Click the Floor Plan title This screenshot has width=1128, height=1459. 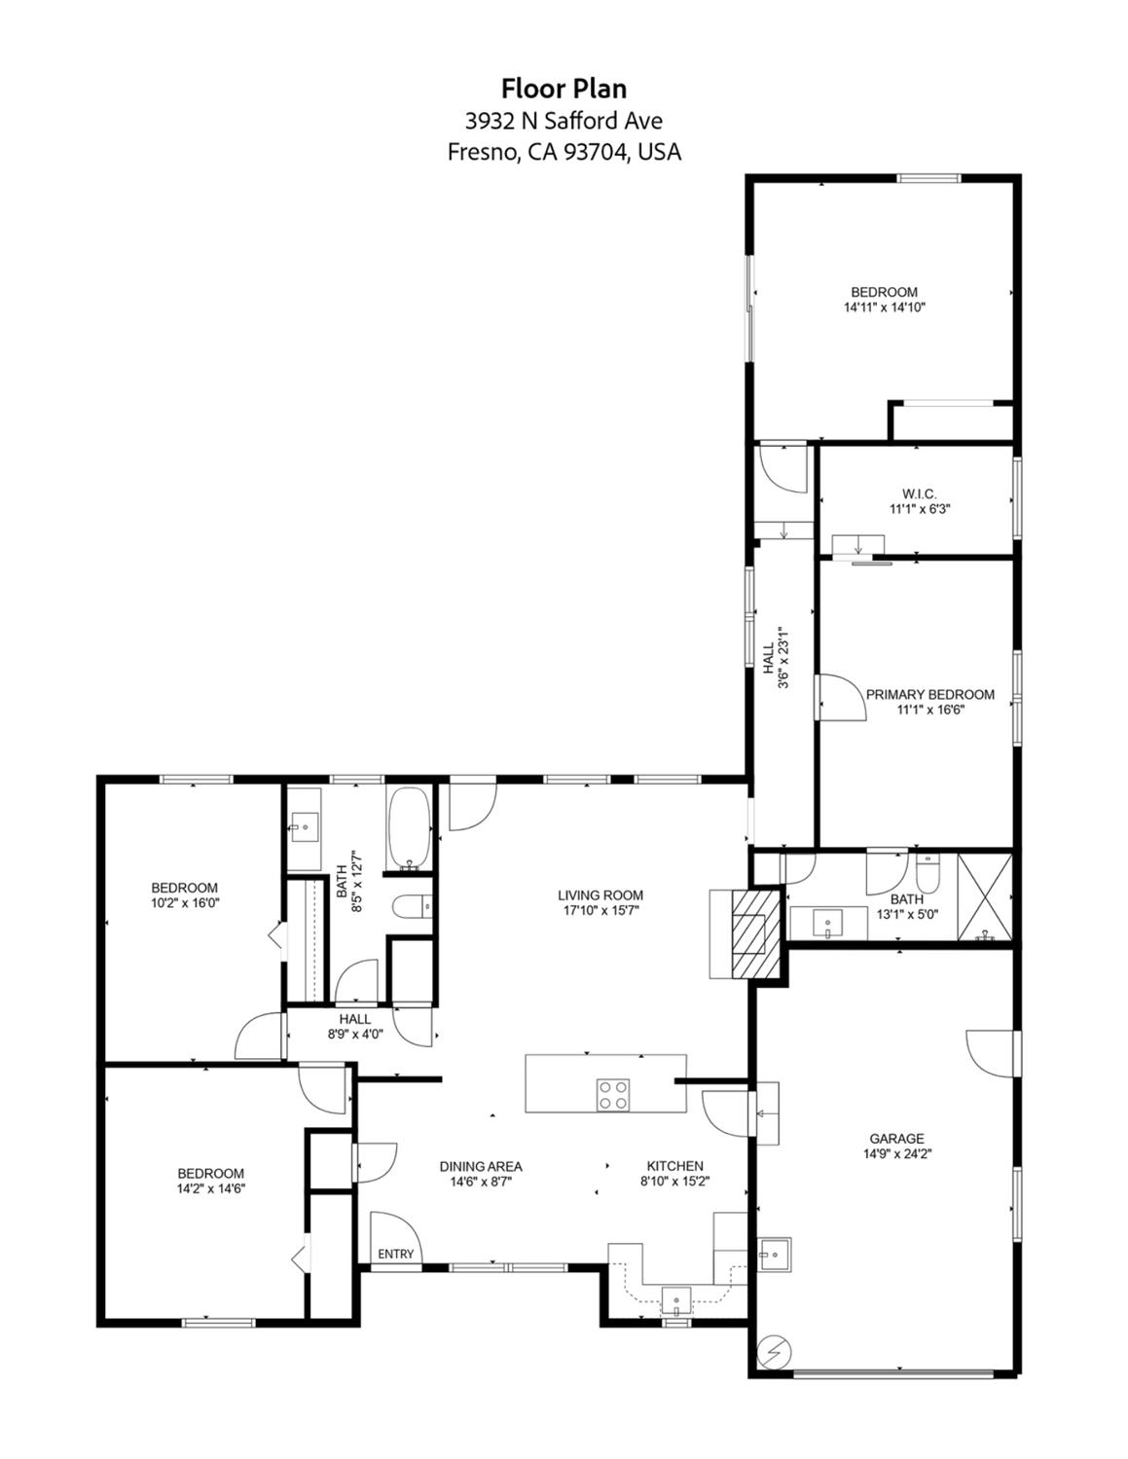click(564, 89)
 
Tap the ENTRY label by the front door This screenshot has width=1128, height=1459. click(395, 1255)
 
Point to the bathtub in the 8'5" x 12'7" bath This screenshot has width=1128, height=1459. click(408, 828)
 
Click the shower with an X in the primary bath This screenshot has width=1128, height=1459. click(984, 897)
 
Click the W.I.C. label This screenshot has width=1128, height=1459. click(919, 494)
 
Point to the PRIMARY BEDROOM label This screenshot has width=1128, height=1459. click(929, 694)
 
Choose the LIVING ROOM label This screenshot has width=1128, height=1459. click(600, 895)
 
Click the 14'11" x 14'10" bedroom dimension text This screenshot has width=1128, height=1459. click(885, 308)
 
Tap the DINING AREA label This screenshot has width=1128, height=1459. click(481, 1167)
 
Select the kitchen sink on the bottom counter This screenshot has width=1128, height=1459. click(676, 1300)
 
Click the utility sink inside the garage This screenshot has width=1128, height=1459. click(774, 1254)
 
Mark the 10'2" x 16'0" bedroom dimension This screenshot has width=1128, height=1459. click(185, 903)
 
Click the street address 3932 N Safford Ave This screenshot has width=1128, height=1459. click(564, 121)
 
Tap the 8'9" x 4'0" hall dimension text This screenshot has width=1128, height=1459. click(355, 1035)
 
